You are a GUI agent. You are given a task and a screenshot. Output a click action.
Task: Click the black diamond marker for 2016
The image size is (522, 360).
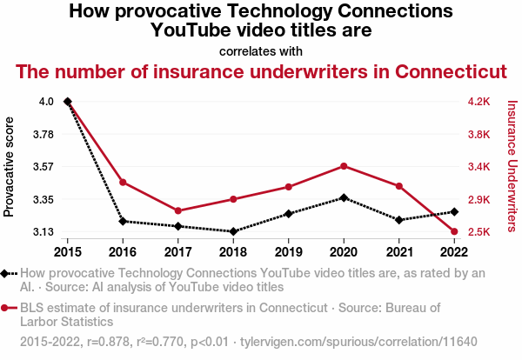[x=123, y=221]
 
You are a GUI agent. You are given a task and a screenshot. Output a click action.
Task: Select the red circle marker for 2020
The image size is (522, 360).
[x=344, y=166]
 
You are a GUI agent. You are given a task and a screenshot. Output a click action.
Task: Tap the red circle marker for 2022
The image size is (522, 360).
[x=454, y=231]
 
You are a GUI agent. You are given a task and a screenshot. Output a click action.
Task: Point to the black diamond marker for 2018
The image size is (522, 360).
[x=233, y=231]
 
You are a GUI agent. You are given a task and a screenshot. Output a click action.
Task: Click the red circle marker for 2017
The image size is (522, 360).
[x=177, y=210]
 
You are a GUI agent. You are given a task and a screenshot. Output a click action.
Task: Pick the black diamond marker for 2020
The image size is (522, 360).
[x=344, y=197]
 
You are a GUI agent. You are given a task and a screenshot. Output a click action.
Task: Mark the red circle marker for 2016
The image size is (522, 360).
[x=123, y=182]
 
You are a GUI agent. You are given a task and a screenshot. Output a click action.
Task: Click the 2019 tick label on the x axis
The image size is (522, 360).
[x=288, y=252]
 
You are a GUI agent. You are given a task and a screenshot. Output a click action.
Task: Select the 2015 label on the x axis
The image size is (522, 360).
[x=67, y=252]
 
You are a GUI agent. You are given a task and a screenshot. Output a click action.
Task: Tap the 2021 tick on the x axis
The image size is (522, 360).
[x=398, y=252]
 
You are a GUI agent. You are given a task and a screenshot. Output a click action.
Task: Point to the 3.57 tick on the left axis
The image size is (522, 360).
[x=42, y=167]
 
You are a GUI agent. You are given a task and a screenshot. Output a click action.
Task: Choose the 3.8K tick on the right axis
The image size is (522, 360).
[x=480, y=135]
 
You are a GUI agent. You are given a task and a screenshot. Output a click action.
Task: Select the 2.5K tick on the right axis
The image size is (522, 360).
[x=480, y=232]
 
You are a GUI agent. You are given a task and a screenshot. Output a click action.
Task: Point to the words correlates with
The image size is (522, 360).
[x=261, y=50]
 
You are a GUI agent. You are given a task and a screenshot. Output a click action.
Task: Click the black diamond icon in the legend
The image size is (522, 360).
[x=6, y=273]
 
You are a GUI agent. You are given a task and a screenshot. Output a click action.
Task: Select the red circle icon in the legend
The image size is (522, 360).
[x=6, y=307]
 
